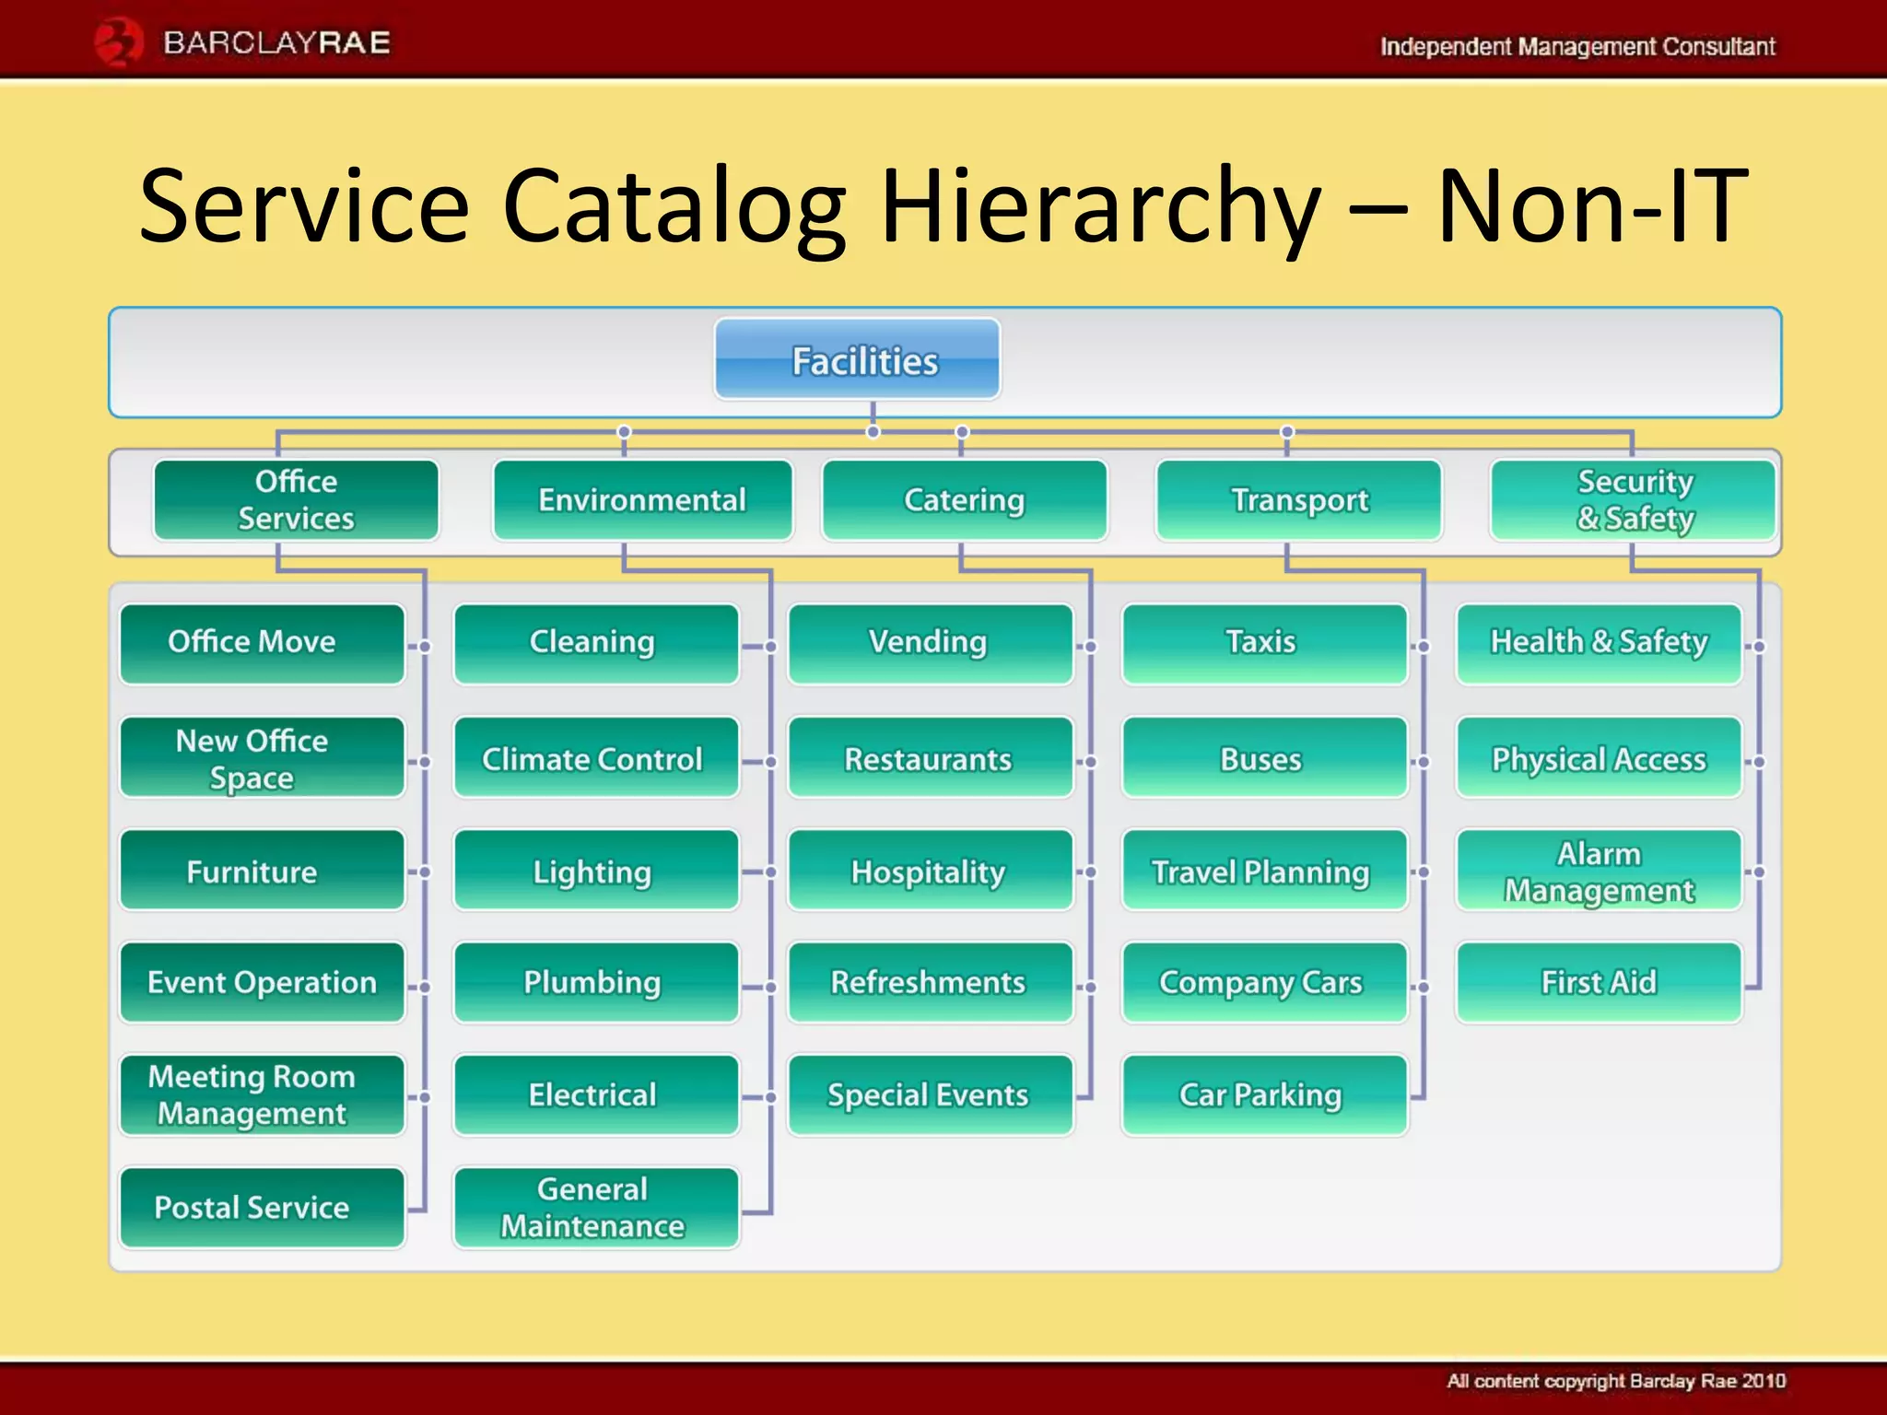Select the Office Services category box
pyautogui.click(x=296, y=500)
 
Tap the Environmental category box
pyautogui.click(x=642, y=500)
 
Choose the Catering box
pyautogui.click(x=964, y=500)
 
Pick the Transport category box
pyautogui.click(x=1299, y=500)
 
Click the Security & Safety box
pyautogui.click(x=1634, y=500)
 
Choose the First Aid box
pyautogui.click(x=1599, y=982)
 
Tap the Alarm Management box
pyautogui.click(x=1599, y=871)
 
